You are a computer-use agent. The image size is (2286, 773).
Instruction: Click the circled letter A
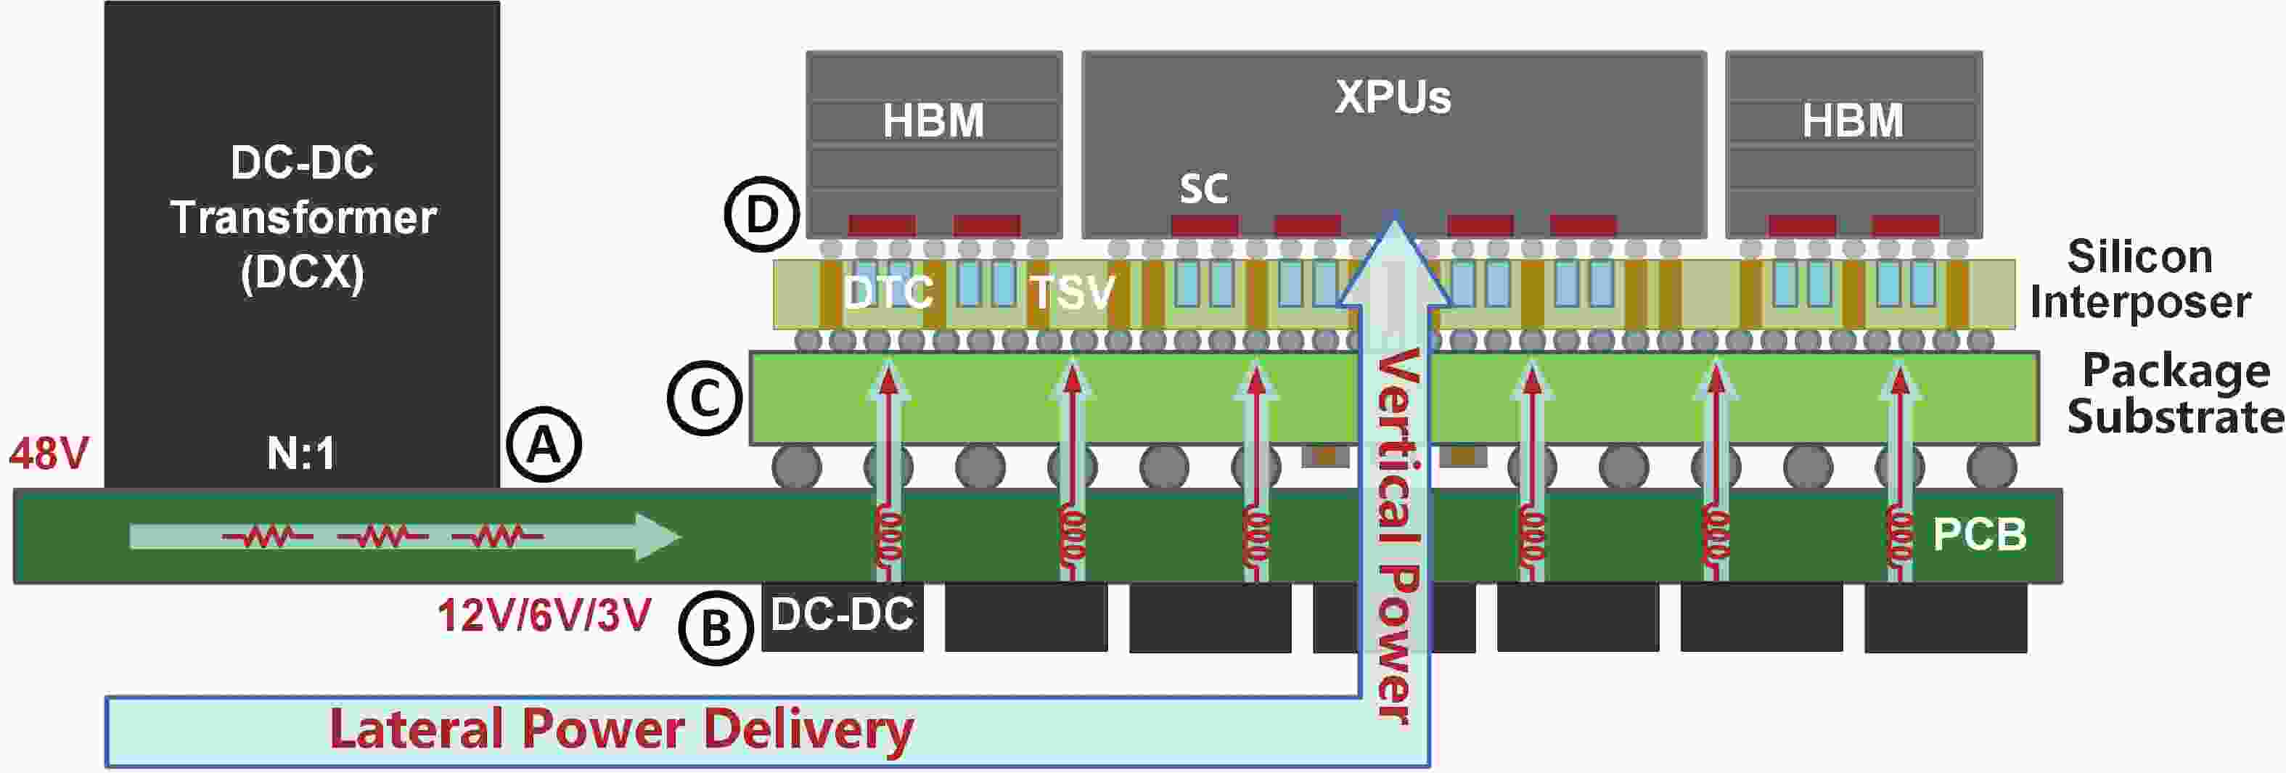(x=544, y=443)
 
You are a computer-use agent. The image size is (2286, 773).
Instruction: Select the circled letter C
(x=705, y=398)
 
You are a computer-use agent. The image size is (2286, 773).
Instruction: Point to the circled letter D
(x=762, y=215)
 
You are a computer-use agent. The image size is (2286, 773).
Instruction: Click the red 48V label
(x=49, y=454)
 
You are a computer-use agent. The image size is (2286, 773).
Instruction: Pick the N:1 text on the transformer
(x=301, y=454)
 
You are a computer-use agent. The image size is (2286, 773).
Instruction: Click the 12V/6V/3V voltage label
(x=544, y=615)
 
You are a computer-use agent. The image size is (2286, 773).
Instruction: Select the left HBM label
(x=933, y=120)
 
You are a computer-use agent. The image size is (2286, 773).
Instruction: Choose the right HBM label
(x=1853, y=120)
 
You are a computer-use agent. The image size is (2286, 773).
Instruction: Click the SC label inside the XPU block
(x=1203, y=188)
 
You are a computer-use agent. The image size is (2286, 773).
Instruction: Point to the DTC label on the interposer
(x=888, y=292)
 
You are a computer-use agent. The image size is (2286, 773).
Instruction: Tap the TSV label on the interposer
(x=1071, y=292)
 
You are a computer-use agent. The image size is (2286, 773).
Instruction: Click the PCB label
(x=1979, y=534)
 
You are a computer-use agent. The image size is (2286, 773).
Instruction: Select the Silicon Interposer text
(x=2139, y=279)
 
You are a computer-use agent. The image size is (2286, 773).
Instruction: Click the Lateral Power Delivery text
(x=621, y=729)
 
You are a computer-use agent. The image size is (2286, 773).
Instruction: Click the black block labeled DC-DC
(x=842, y=617)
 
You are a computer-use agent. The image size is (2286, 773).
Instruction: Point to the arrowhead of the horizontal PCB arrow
(x=680, y=536)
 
